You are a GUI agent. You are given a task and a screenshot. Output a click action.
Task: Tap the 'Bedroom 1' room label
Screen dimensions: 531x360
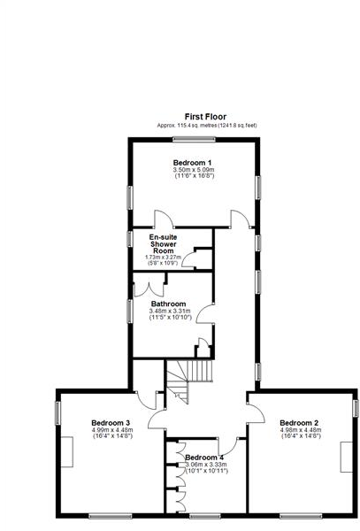coord(192,162)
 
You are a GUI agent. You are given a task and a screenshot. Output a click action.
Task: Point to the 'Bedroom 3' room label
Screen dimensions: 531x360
coord(111,423)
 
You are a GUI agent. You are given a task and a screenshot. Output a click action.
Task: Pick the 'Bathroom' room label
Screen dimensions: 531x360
coord(167,304)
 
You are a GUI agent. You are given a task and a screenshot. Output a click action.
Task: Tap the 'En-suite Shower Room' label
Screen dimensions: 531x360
coord(163,244)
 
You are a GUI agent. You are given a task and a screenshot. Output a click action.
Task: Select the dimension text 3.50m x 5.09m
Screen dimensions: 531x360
coord(194,170)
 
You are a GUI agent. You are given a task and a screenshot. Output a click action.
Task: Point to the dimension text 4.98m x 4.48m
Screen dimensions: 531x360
coord(301,430)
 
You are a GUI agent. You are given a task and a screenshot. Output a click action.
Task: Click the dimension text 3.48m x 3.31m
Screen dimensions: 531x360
coord(169,311)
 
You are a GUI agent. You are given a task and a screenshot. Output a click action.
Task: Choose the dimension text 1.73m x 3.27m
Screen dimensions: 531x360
coord(163,258)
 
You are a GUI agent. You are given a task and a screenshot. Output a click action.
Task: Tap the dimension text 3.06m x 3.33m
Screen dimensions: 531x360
coord(206,465)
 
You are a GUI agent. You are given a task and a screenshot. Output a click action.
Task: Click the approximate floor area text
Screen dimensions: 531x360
coord(207,126)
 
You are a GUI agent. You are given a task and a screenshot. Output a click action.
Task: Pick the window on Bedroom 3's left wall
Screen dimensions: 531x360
coord(58,412)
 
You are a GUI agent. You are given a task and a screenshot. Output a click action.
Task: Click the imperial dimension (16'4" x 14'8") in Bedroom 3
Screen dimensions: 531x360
coord(111,436)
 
